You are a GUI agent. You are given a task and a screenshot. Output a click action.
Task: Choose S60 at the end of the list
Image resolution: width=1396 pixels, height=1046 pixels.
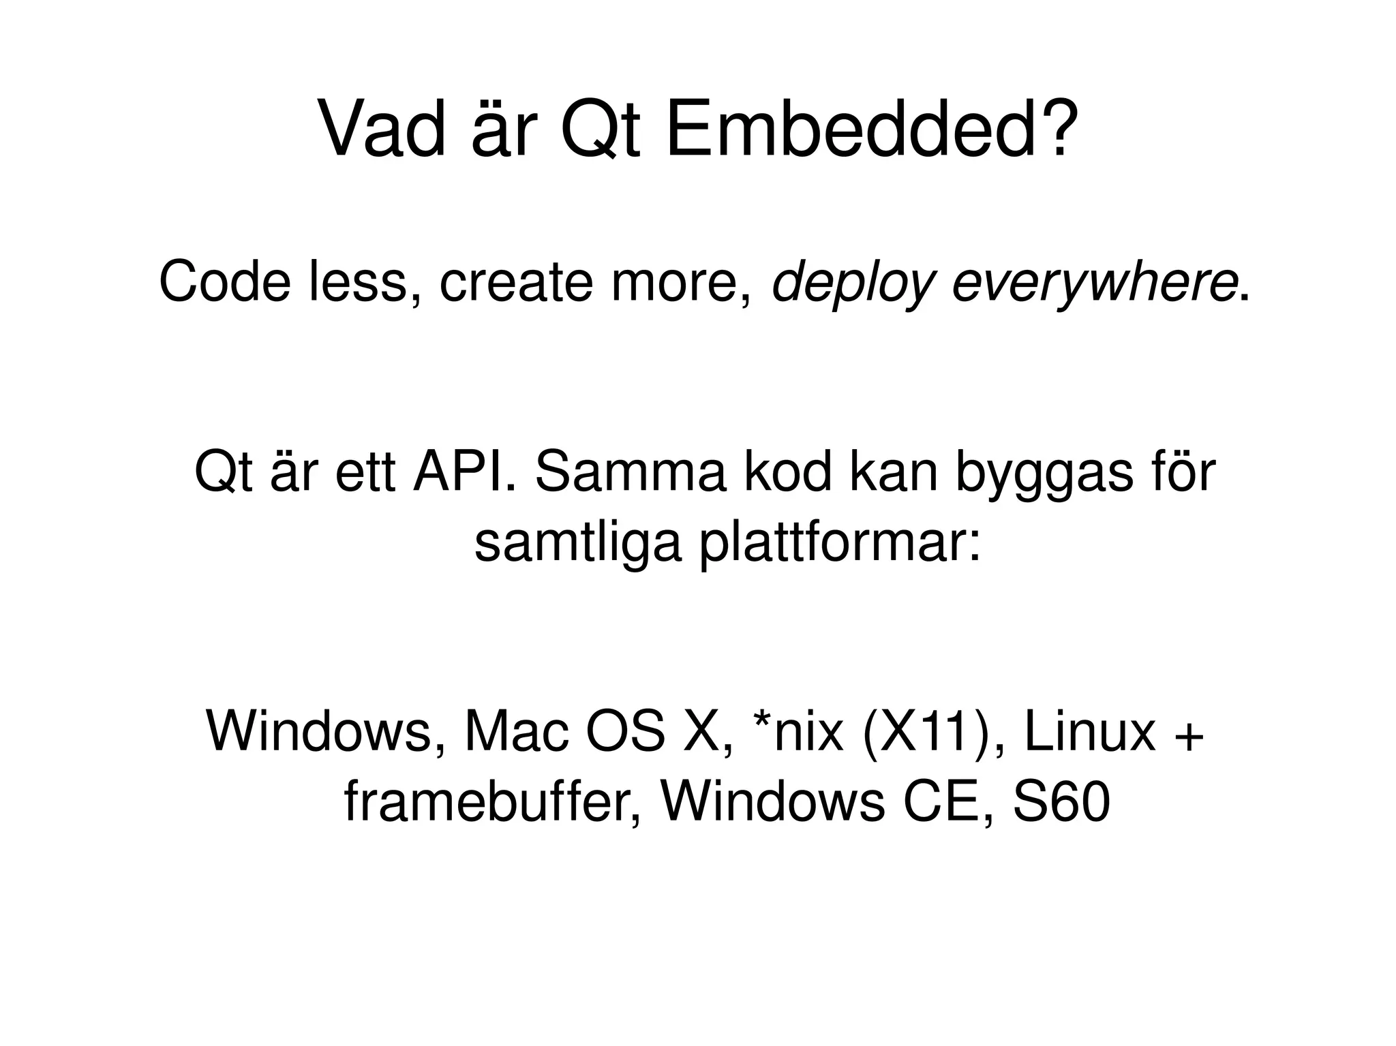point(1061,803)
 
